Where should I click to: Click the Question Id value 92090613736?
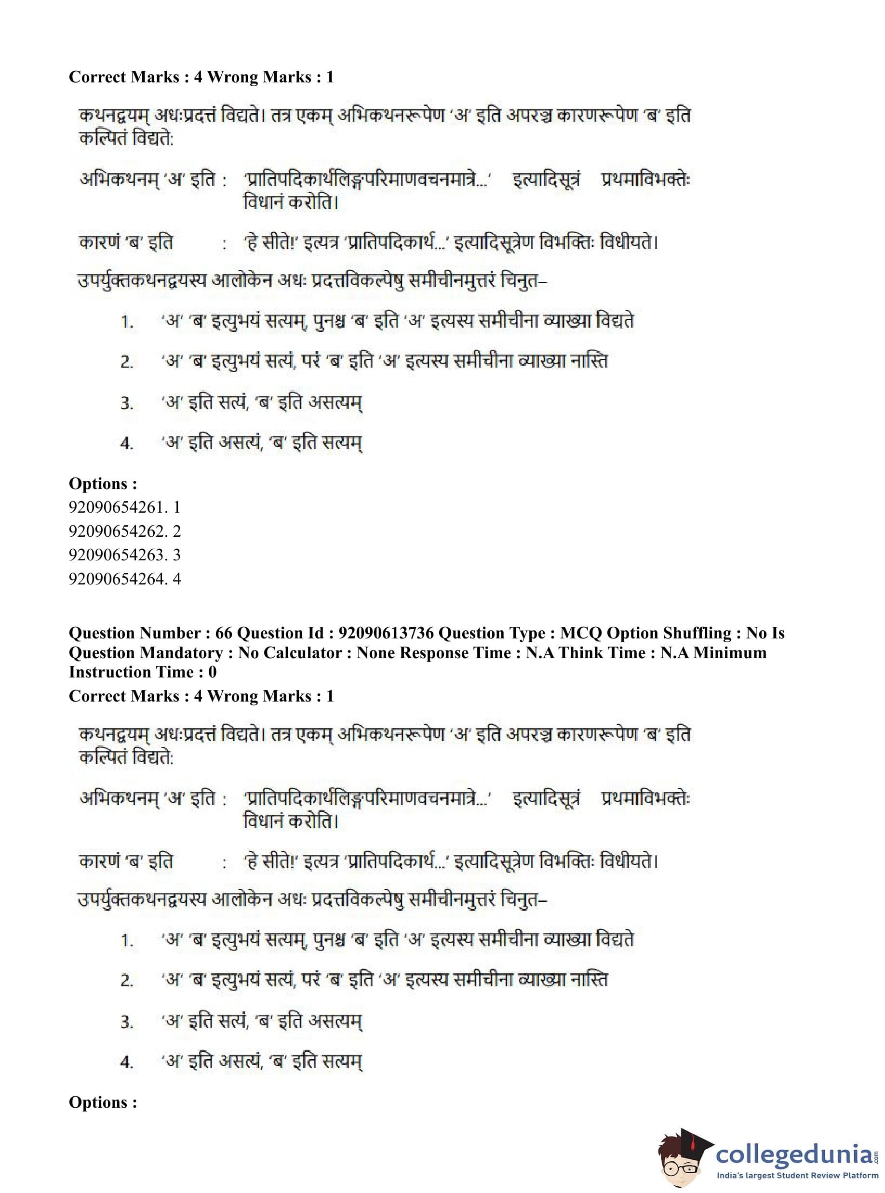point(386,633)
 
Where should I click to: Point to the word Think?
point(586,653)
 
